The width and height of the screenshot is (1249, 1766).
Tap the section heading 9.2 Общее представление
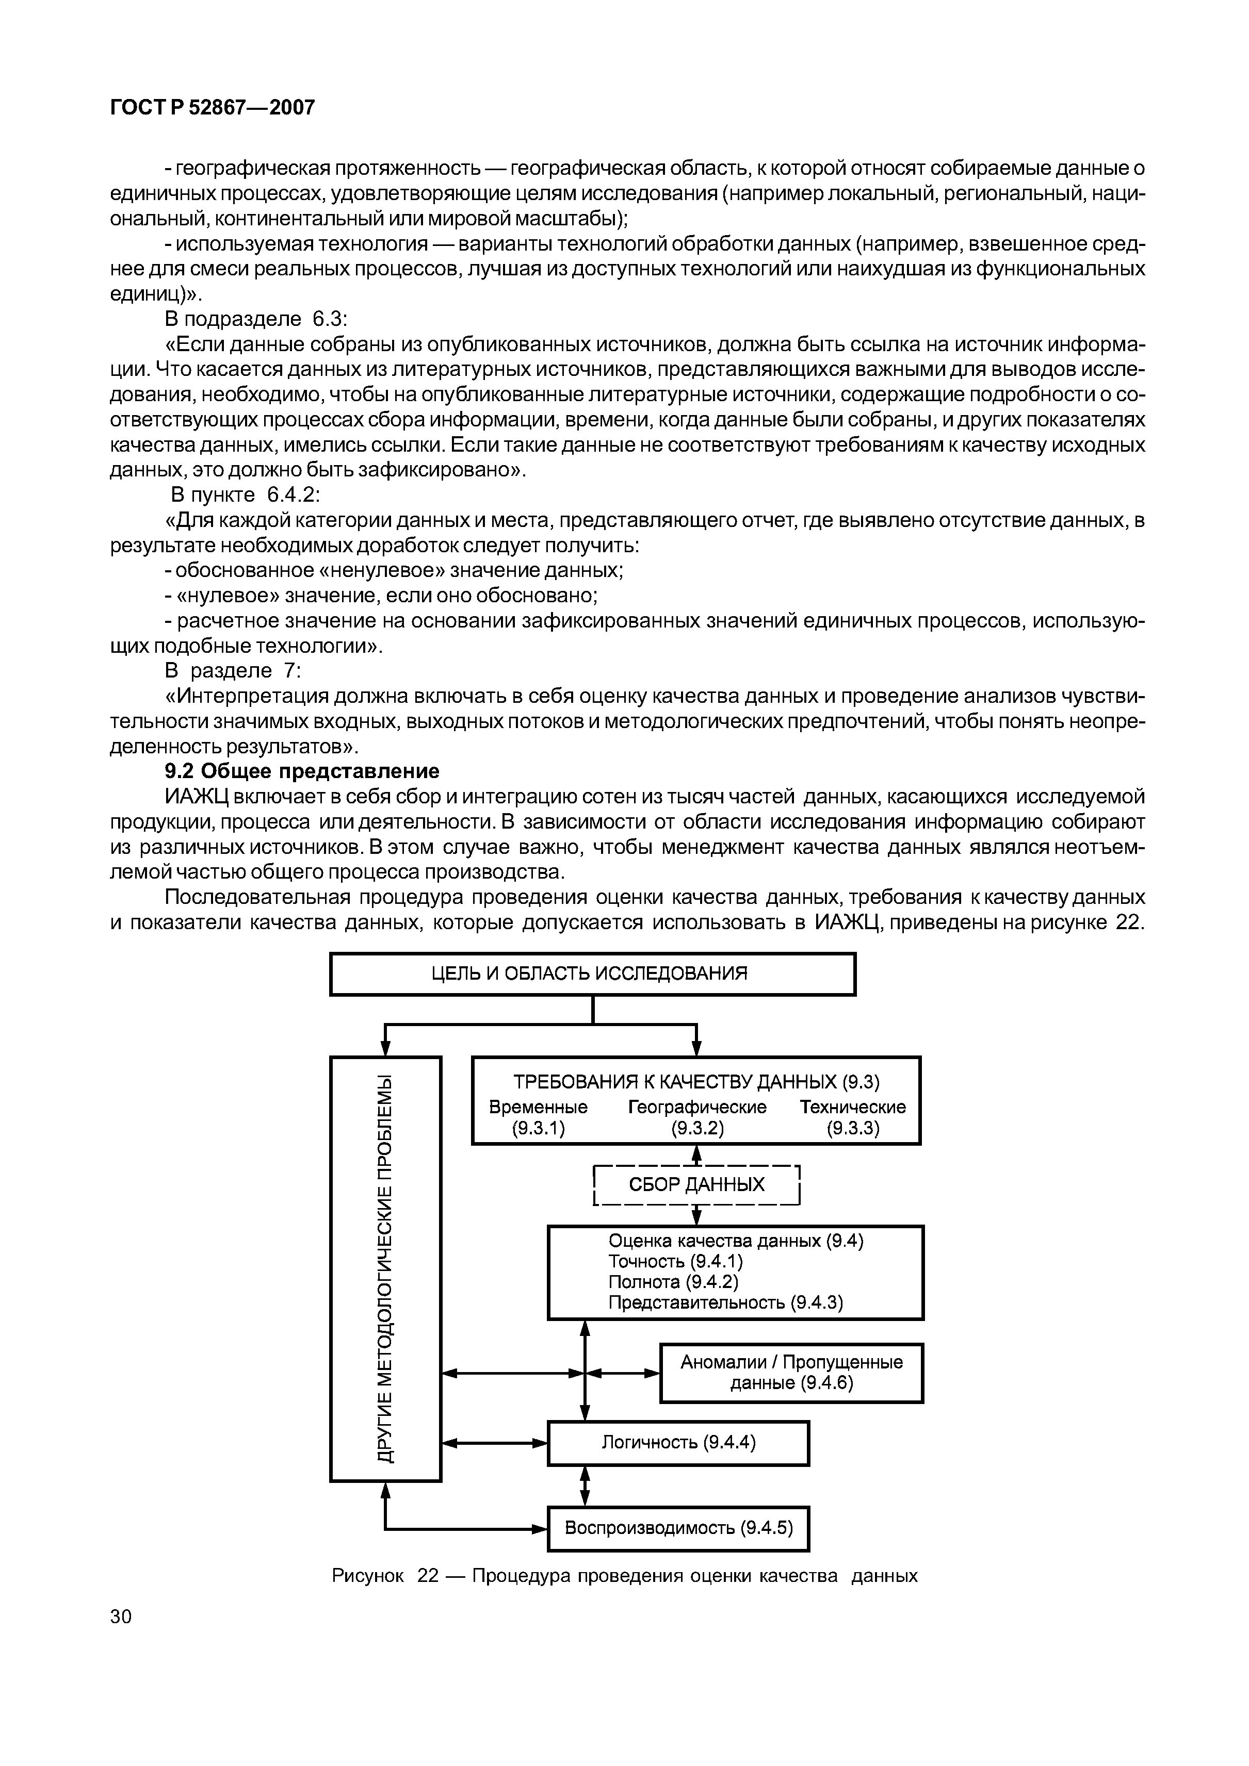point(302,771)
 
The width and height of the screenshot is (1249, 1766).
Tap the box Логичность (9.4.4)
point(678,1443)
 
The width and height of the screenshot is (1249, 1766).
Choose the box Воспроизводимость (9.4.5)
point(678,1528)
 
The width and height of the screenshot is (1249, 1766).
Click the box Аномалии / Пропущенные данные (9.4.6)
point(791,1373)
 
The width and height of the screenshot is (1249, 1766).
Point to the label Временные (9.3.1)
point(538,1117)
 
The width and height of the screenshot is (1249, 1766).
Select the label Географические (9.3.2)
point(697,1117)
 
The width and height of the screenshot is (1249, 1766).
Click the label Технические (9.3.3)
point(853,1117)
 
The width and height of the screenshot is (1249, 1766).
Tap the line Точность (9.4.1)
point(676,1261)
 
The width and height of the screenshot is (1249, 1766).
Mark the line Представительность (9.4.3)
point(726,1303)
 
